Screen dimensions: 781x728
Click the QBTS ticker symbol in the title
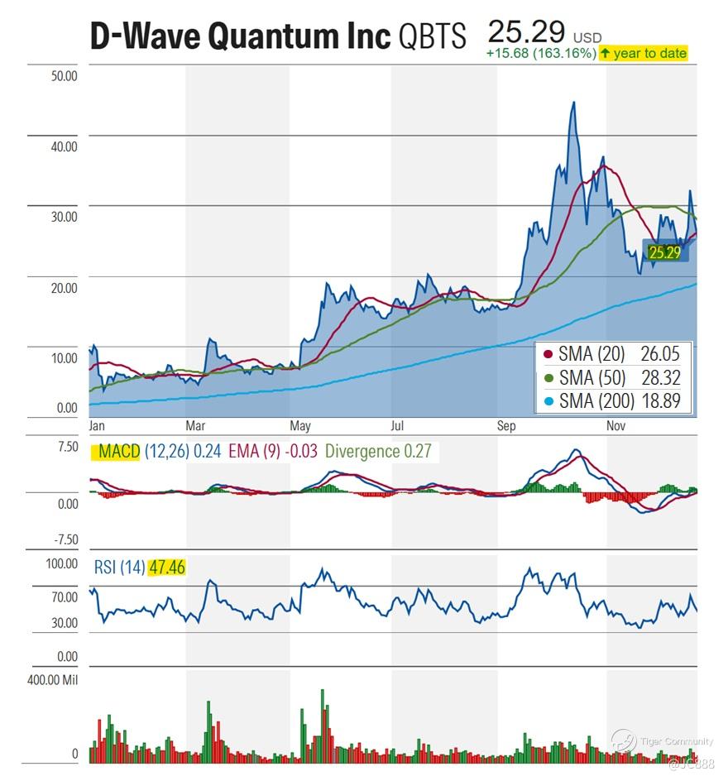tap(433, 36)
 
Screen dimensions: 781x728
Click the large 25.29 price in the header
tap(526, 32)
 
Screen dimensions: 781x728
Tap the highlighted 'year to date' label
tap(643, 53)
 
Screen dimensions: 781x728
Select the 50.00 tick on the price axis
tap(64, 76)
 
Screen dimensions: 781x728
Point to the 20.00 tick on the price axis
tap(64, 288)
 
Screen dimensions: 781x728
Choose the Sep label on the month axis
tap(505, 426)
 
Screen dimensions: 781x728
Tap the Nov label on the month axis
tap(615, 426)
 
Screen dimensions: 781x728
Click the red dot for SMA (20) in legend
tap(547, 355)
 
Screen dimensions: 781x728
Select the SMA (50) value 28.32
tap(659, 378)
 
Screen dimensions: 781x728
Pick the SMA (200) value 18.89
tap(659, 401)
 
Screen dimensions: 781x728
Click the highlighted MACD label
tap(115, 452)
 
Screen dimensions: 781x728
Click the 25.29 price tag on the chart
tap(664, 252)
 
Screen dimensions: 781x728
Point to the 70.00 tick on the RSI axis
tap(64, 597)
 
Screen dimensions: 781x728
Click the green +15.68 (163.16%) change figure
tap(541, 54)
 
